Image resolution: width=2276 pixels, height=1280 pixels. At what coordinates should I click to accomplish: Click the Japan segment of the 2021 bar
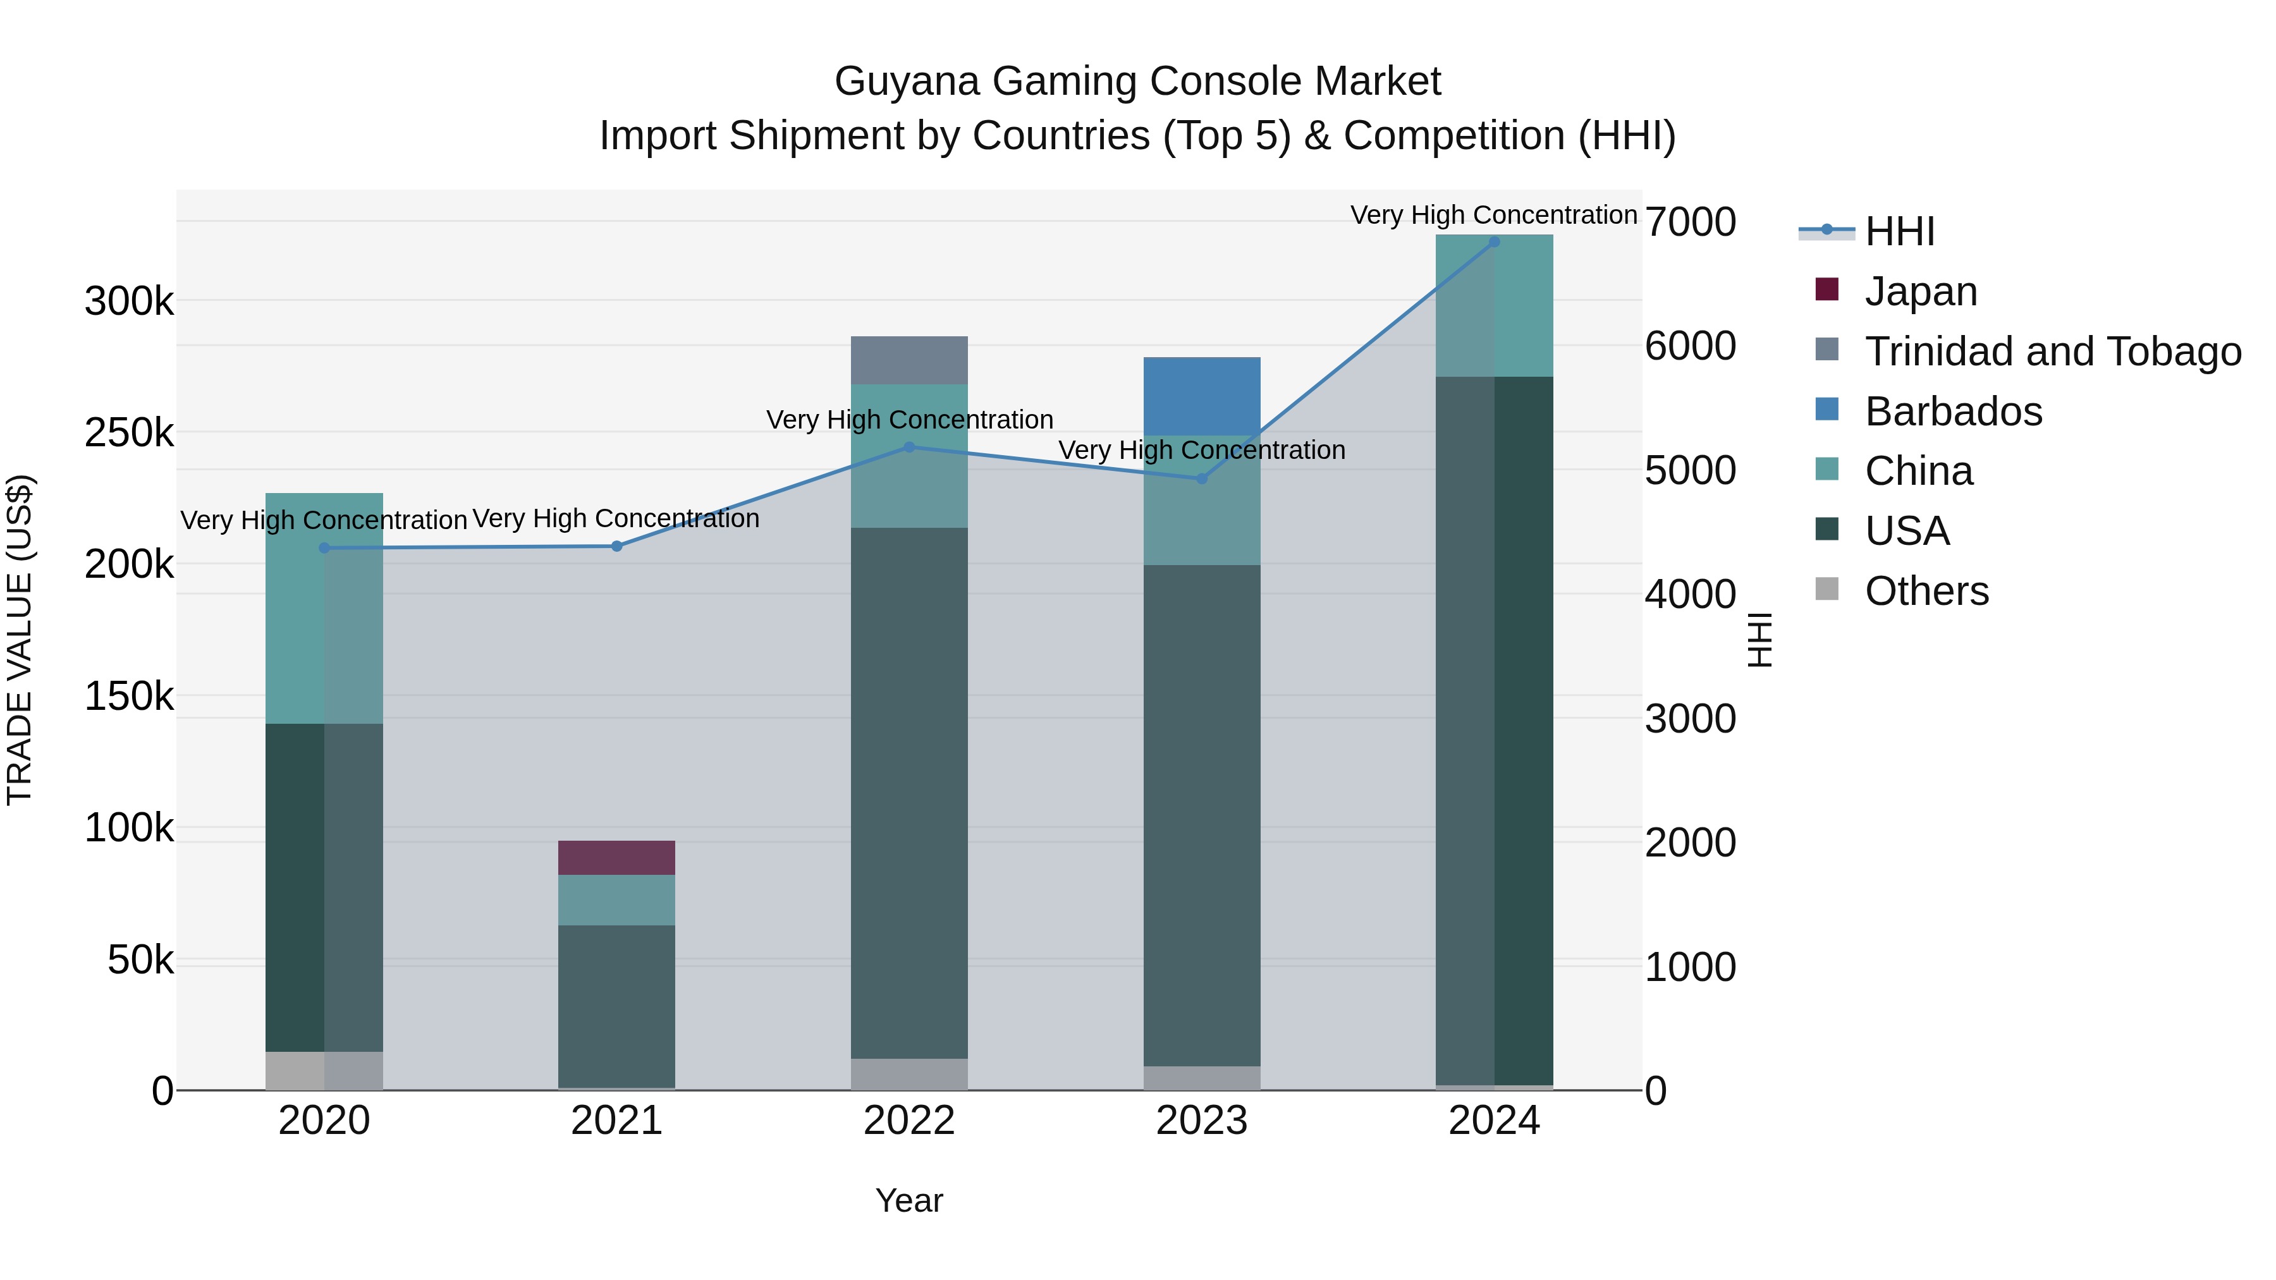(616, 857)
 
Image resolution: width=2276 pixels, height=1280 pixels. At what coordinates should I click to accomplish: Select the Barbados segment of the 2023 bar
(1202, 396)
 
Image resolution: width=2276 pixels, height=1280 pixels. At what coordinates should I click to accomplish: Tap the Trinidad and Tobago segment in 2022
(909, 360)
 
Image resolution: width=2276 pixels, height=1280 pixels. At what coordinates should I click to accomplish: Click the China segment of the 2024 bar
(1494, 306)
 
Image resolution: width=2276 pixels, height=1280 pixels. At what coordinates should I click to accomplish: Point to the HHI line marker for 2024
(1494, 242)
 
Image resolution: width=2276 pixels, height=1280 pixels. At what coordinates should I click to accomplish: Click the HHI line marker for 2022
(909, 447)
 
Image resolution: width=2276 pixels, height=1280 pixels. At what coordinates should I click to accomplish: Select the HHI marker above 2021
(616, 546)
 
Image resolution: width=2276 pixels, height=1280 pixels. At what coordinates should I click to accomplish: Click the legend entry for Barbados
(1953, 411)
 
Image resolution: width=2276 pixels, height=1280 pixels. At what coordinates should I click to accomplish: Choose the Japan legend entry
(1920, 291)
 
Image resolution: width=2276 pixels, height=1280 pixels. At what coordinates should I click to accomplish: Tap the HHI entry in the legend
(1900, 231)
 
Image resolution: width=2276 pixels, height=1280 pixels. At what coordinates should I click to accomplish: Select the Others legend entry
(1926, 591)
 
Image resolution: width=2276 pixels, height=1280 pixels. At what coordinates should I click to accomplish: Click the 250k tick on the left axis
(129, 433)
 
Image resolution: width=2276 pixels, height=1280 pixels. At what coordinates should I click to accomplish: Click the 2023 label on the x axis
(1202, 1121)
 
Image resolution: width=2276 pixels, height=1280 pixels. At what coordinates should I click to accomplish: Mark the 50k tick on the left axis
(140, 960)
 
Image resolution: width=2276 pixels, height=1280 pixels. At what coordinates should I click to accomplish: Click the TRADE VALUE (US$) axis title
(20, 640)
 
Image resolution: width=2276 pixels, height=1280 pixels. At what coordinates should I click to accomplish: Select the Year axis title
(909, 1200)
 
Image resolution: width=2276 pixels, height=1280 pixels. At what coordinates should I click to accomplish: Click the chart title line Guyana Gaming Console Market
(1137, 82)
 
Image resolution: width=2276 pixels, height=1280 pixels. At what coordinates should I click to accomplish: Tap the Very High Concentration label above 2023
(1202, 451)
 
